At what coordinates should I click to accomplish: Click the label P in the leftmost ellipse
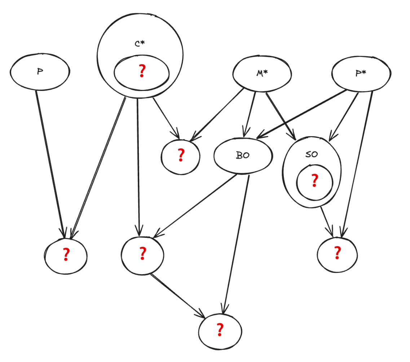[40, 71]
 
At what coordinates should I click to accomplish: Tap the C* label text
[140, 44]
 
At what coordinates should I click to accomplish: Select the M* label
[262, 73]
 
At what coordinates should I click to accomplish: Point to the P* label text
[361, 73]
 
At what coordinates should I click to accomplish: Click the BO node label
[243, 156]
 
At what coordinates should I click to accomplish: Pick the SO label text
[312, 154]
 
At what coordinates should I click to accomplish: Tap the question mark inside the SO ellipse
[314, 180]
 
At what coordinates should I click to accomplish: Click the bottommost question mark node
[220, 330]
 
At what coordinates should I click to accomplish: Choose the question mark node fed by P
[66, 255]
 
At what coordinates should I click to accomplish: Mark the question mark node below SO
[337, 253]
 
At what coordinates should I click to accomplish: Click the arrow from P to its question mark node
[50, 162]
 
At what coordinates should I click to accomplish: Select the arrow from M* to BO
[250, 112]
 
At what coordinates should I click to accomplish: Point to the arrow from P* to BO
[303, 114]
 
